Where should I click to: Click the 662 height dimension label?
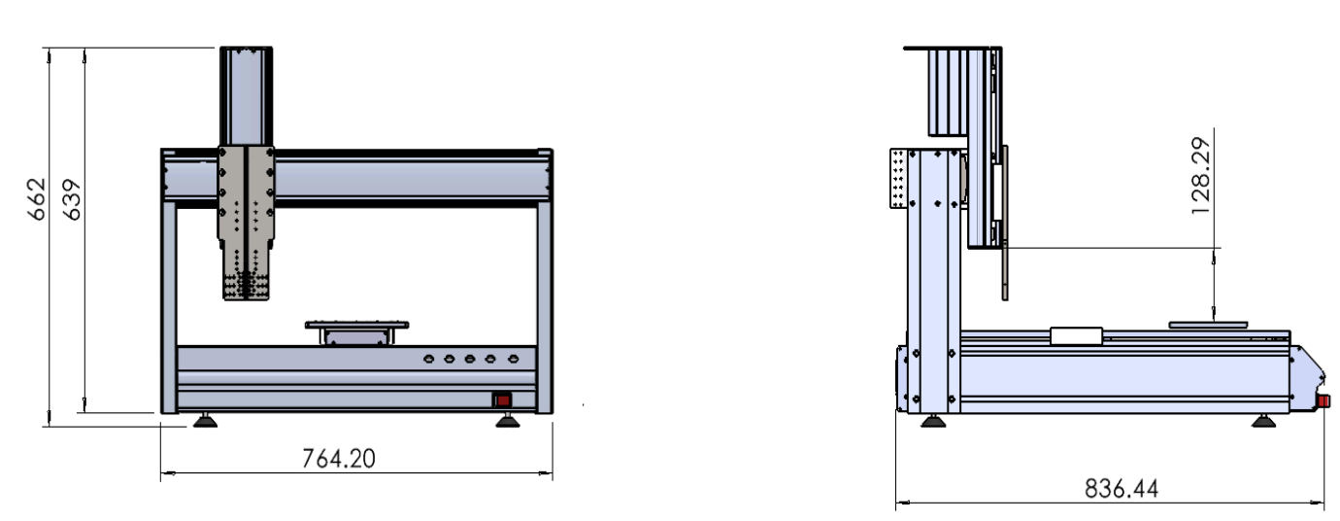point(37,199)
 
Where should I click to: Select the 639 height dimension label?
point(72,199)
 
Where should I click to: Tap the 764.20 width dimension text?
point(339,459)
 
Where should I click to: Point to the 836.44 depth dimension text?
point(1122,489)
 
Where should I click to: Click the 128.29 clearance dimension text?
point(1200,176)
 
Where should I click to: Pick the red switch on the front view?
point(503,400)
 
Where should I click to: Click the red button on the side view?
point(1324,400)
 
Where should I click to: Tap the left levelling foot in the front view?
point(206,420)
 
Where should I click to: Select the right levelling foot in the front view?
point(508,420)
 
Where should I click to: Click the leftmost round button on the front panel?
point(428,359)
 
